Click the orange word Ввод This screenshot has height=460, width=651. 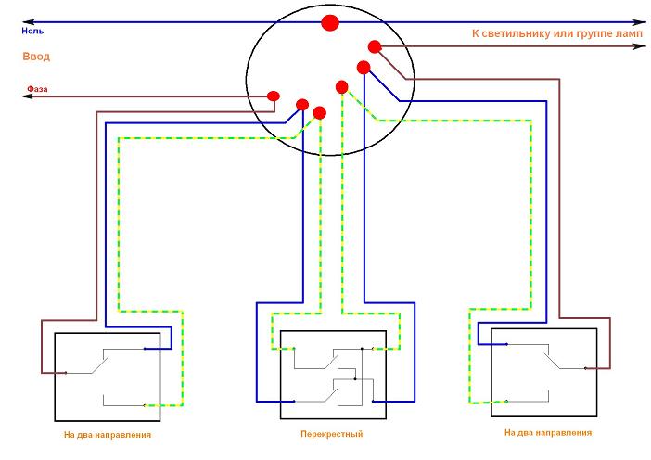(36, 57)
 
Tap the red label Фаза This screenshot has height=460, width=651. (37, 89)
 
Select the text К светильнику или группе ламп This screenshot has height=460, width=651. (556, 33)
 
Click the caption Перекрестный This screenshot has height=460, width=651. (331, 434)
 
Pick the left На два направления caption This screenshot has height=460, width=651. (108, 434)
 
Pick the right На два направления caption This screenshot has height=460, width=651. (548, 433)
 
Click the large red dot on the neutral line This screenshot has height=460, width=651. (329, 22)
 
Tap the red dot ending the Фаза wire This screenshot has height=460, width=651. (274, 96)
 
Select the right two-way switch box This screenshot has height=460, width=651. (542, 371)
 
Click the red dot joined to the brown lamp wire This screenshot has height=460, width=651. (375, 46)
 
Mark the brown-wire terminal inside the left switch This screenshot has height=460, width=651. (66, 373)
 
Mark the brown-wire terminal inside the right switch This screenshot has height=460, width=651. (588, 367)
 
